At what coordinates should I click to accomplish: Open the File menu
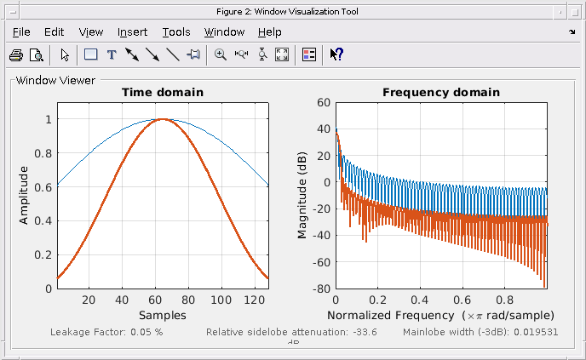click(21, 32)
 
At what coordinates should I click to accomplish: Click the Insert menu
click(132, 32)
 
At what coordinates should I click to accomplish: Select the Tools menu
click(176, 32)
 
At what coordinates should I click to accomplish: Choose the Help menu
click(269, 32)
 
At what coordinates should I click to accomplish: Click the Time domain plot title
click(162, 92)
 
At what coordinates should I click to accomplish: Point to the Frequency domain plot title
click(440, 92)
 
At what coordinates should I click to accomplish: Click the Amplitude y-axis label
click(24, 195)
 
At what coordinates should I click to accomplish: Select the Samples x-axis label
click(162, 315)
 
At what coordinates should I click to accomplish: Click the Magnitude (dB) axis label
click(302, 195)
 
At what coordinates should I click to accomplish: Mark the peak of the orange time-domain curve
click(163, 119)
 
